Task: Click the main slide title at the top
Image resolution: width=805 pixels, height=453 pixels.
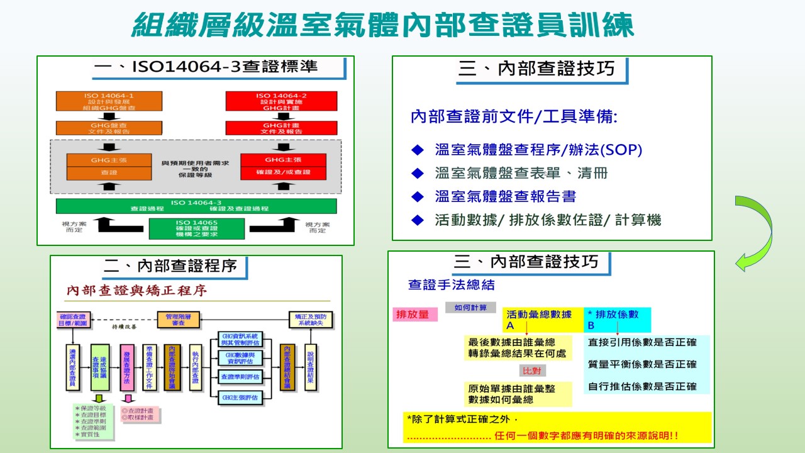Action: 383,26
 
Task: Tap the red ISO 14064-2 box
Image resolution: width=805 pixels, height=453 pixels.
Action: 281,101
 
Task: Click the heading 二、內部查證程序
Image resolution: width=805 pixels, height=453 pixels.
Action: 170,266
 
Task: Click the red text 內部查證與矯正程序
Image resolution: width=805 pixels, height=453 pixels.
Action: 137,291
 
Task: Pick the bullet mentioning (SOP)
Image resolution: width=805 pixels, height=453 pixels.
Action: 538,150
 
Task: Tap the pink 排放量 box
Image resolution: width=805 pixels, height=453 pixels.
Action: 414,314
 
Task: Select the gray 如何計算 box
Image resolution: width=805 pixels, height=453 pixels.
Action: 470,308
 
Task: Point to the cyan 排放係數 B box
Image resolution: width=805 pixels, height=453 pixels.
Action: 617,320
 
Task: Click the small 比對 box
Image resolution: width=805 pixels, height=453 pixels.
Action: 532,371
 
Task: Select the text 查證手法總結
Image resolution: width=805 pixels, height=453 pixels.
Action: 452,285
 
